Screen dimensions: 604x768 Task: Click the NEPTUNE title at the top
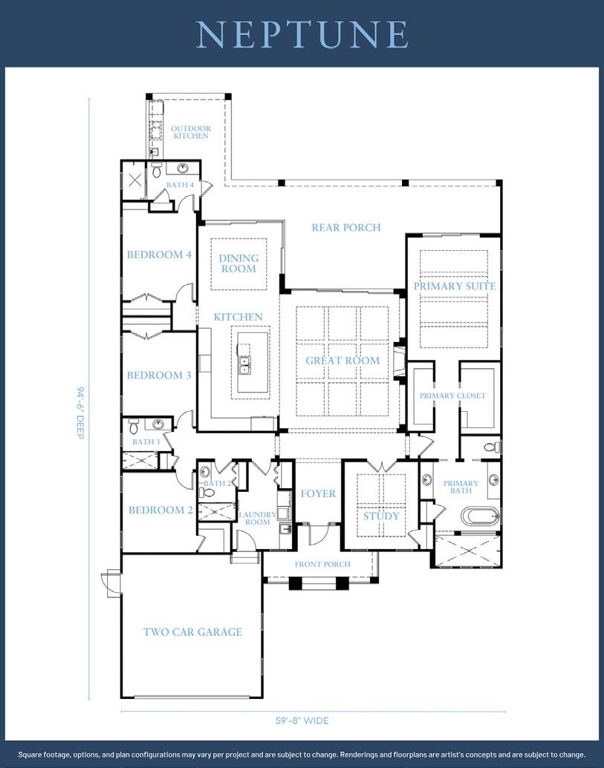(302, 34)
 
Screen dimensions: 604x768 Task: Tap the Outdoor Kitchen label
(191, 132)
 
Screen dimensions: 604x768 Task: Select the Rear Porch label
(346, 227)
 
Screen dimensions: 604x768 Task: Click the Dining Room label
(238, 263)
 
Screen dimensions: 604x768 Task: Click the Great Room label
(342, 361)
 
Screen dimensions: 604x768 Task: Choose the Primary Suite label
(455, 286)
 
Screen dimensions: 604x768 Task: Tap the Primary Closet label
(452, 396)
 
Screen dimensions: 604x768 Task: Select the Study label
(381, 516)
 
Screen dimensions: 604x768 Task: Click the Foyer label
(318, 493)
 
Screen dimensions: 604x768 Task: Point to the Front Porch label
(322, 564)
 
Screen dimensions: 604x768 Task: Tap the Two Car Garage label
(192, 631)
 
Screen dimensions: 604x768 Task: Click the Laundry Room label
(257, 518)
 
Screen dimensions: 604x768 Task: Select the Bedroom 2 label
(160, 511)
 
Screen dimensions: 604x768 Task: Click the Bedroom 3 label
(159, 375)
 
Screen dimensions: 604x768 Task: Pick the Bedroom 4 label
(159, 255)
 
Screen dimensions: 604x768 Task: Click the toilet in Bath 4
(157, 170)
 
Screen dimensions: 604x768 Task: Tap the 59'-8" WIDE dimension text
(302, 721)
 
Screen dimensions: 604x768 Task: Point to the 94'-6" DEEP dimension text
(80, 413)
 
